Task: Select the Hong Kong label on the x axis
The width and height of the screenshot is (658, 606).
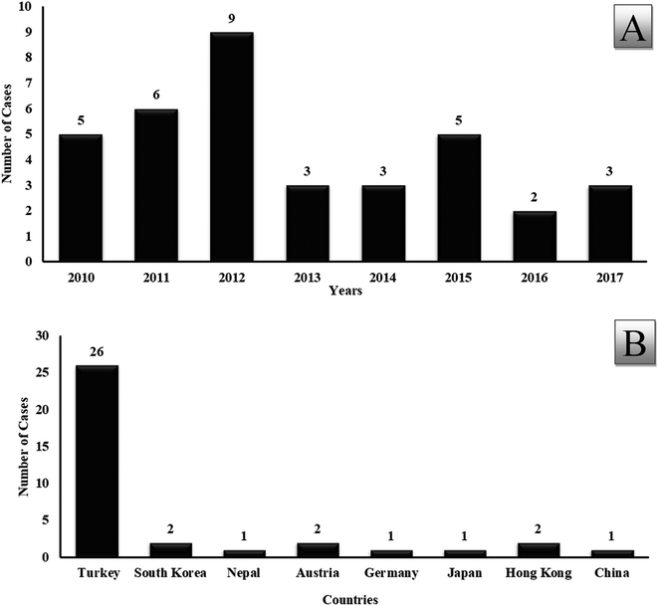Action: (541, 575)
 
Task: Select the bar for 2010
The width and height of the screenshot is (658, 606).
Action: (80, 198)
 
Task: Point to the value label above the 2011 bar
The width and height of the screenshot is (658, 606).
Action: (154, 97)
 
